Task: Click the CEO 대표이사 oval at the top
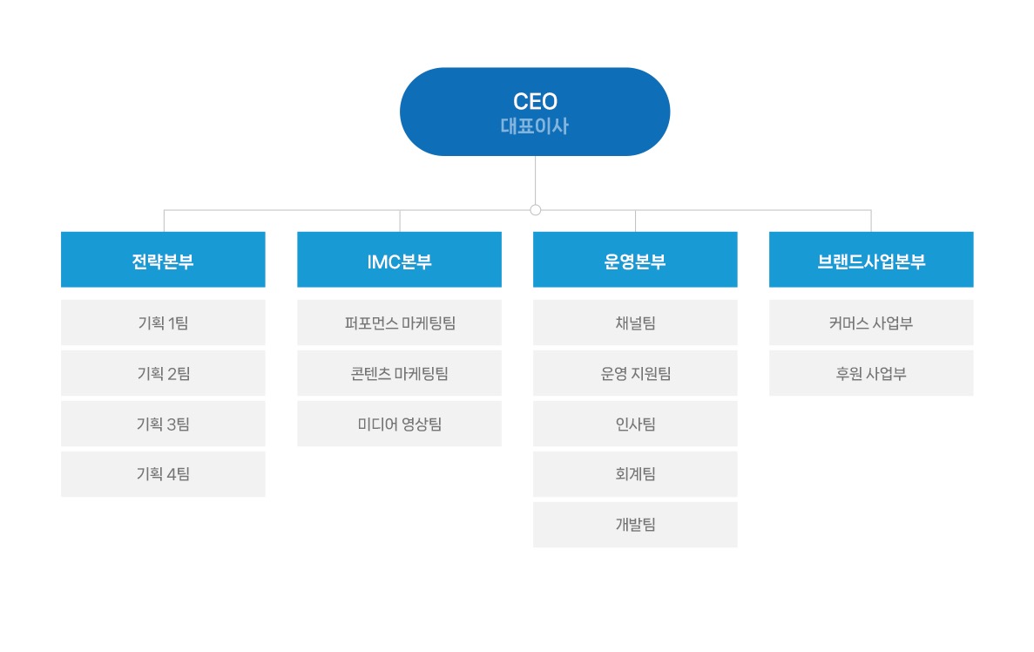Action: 535,112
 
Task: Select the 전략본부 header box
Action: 163,260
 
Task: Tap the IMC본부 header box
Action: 399,260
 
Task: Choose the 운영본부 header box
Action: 635,260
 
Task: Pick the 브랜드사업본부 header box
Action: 871,260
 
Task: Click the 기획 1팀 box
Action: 163,323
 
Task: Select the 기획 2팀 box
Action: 163,374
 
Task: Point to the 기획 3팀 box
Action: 163,424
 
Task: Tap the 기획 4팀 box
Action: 163,474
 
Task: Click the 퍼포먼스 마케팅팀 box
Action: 399,323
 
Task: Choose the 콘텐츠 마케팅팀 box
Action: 399,374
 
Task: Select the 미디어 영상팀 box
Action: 399,424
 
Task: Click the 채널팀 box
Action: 635,323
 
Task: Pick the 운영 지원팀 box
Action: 635,374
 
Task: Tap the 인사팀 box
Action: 635,424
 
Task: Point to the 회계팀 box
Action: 635,474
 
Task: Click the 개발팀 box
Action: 635,525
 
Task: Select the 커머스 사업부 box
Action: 871,323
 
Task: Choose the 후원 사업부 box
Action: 871,374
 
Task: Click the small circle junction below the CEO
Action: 536,210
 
